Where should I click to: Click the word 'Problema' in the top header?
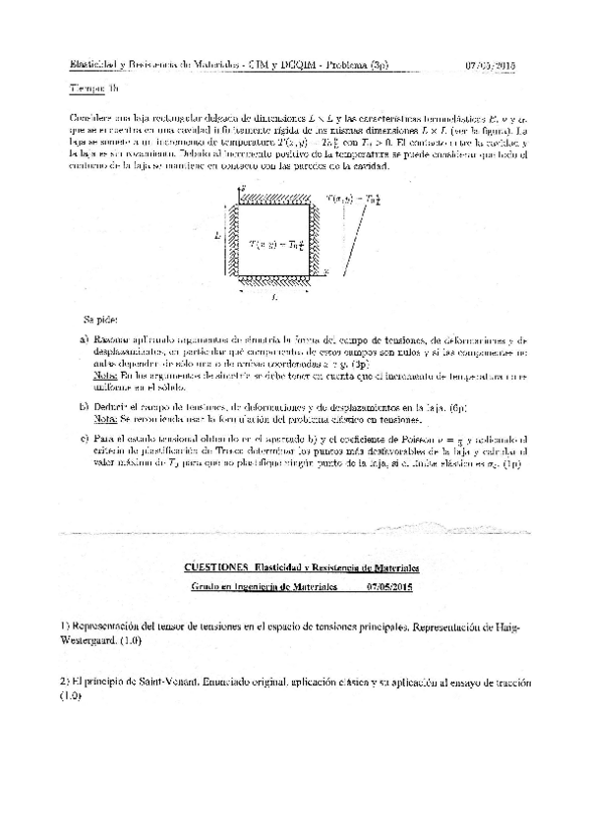tap(347, 66)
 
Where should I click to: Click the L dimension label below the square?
tap(271, 297)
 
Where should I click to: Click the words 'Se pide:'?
tap(98, 321)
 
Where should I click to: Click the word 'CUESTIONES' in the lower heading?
tap(215, 567)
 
